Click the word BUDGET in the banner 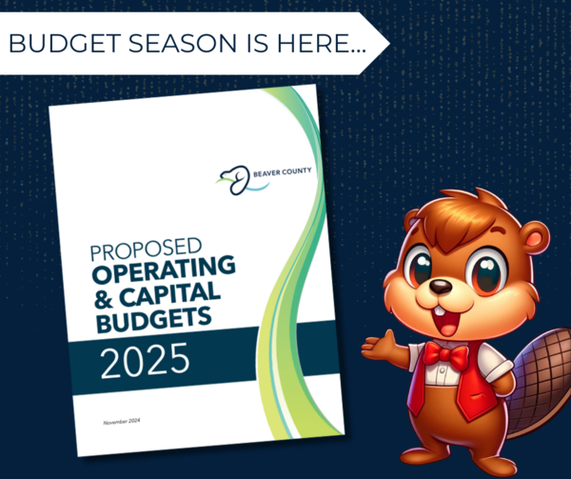(65, 43)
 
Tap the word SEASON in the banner (183, 43)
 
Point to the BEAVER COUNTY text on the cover (283, 171)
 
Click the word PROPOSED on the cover (146, 249)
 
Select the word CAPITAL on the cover (169, 294)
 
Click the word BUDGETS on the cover (153, 319)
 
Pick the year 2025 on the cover (145, 361)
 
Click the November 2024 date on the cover (122, 422)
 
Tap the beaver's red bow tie (445, 354)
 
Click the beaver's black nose (441, 287)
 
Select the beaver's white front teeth (440, 311)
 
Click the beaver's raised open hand (380, 346)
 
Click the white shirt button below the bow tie (443, 370)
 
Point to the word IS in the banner (258, 43)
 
